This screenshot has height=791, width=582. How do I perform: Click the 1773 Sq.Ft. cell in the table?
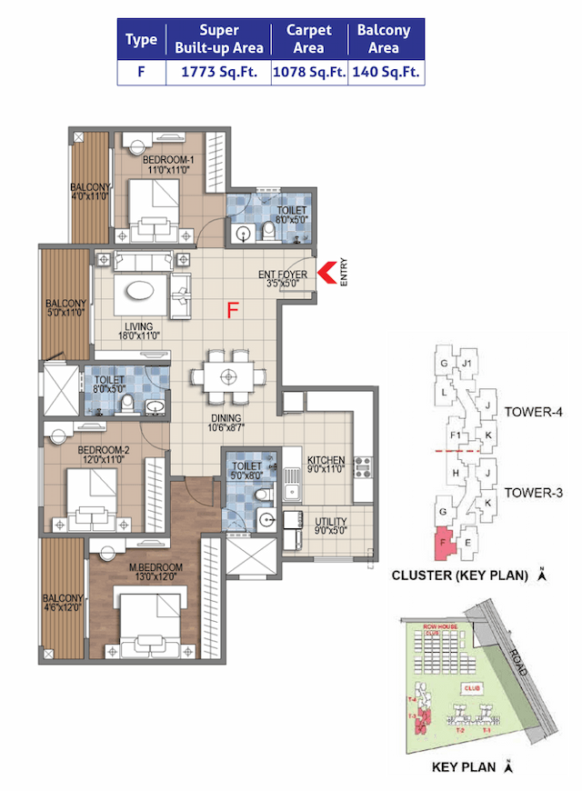click(218, 73)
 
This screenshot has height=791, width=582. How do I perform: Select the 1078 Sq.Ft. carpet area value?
click(309, 73)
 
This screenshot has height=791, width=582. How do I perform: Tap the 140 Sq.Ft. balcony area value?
click(386, 73)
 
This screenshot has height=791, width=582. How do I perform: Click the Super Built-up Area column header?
click(218, 39)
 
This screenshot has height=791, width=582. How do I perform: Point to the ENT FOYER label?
click(284, 274)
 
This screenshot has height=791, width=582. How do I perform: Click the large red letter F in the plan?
click(233, 311)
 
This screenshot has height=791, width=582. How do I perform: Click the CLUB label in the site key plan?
click(470, 689)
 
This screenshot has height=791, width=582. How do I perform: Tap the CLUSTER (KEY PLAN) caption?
click(459, 575)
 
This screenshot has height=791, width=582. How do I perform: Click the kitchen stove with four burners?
click(363, 467)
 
